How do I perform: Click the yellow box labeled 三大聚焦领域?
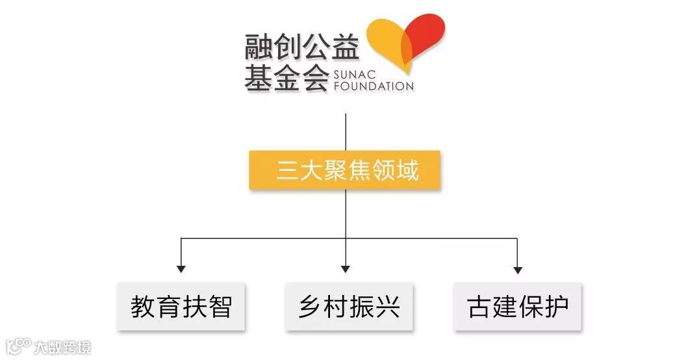point(345,170)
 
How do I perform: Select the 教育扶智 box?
point(181,306)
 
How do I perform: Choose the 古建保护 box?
point(518,306)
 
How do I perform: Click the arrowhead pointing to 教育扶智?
point(181,268)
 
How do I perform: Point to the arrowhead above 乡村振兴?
point(346,268)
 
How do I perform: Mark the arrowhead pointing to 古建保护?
point(518,268)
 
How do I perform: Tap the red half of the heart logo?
point(426,32)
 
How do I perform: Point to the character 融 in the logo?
point(259,47)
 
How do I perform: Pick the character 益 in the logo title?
point(345,47)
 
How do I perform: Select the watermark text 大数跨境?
point(63,346)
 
